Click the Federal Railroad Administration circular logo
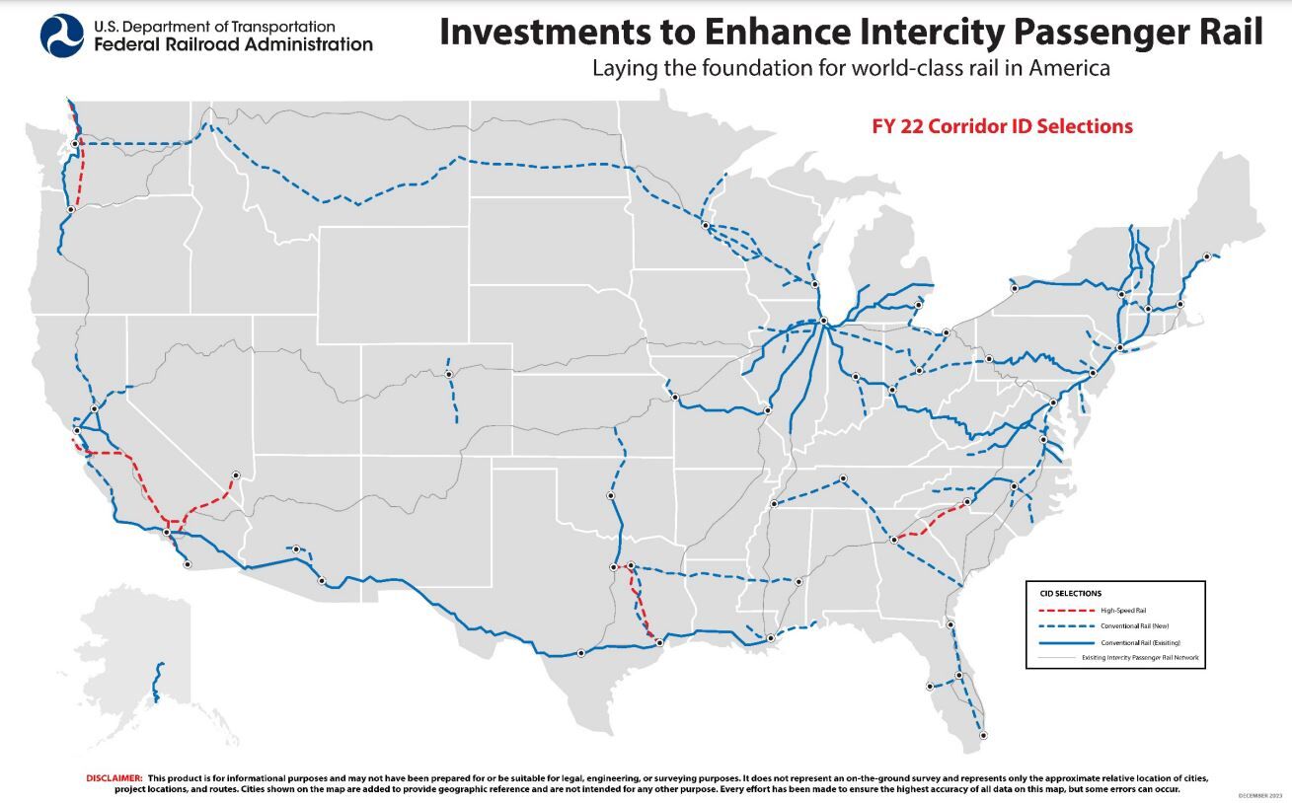[61, 36]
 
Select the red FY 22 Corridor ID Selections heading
[1002, 126]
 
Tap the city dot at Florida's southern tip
[982, 734]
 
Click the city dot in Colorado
[448, 374]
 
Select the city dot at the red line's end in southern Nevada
[236, 474]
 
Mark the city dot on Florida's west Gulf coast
[930, 686]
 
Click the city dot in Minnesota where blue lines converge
[705, 226]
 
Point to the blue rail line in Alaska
[157, 681]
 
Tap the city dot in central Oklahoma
[610, 495]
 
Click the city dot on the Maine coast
[1206, 256]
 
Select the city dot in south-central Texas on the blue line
[580, 652]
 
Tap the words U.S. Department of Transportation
[214, 27]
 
